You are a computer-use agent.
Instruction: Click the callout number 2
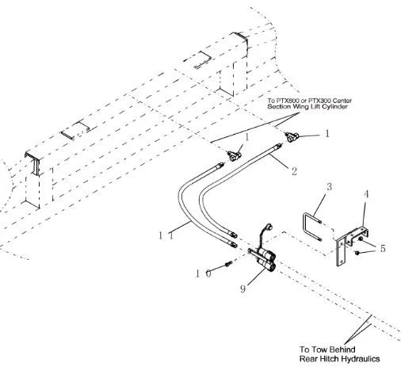(x=294, y=171)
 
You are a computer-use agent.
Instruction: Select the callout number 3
(x=329, y=187)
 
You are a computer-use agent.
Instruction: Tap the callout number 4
(x=366, y=194)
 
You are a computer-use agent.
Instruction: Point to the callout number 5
(x=383, y=248)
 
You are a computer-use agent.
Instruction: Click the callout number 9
(x=243, y=289)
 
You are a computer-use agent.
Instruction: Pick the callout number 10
(x=204, y=273)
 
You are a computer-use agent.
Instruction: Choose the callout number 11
(x=166, y=235)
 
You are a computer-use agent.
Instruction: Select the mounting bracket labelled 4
(x=351, y=244)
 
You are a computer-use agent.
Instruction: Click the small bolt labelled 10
(x=229, y=263)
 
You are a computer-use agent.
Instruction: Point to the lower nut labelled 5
(x=357, y=253)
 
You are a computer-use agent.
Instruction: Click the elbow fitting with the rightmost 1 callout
(x=291, y=137)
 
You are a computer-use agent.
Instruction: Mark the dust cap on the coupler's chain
(x=269, y=227)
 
